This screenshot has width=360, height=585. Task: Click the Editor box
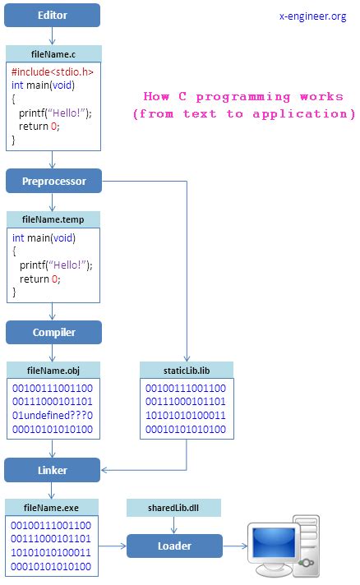point(53,15)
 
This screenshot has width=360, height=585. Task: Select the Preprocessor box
point(53,181)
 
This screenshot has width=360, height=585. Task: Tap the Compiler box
point(53,332)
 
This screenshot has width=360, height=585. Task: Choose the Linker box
point(53,470)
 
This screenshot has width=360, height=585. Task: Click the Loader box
point(174,546)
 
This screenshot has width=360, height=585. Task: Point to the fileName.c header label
point(53,53)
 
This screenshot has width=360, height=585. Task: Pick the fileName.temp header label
point(53,219)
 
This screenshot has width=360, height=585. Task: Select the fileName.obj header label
point(53,370)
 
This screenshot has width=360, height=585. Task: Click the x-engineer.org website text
point(312,16)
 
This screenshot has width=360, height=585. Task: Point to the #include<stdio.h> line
point(53,72)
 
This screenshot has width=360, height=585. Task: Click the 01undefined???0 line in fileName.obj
point(53,415)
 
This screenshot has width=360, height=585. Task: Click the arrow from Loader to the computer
point(236,546)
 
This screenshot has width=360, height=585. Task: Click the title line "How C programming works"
point(243,96)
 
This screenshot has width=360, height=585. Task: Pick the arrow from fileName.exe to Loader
point(113,546)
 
